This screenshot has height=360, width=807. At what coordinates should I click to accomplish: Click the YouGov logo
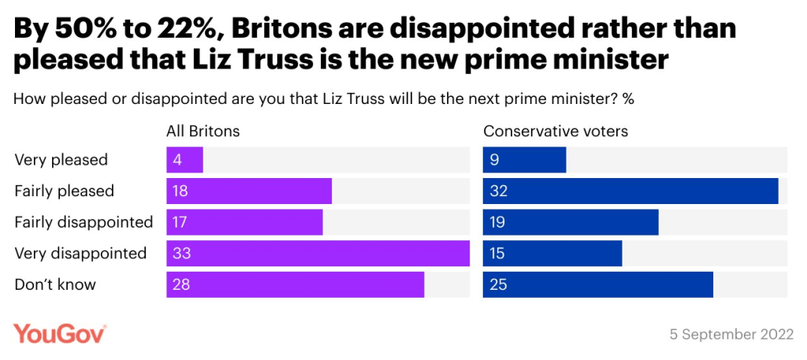click(x=60, y=334)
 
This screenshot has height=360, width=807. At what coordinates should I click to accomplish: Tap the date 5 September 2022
click(x=731, y=334)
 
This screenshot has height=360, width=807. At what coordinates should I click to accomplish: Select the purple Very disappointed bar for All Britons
click(x=318, y=254)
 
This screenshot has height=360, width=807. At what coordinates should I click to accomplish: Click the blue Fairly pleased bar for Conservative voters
click(x=630, y=191)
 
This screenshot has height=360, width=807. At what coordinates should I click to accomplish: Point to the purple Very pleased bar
click(x=184, y=160)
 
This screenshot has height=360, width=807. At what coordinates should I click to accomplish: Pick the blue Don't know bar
click(x=597, y=284)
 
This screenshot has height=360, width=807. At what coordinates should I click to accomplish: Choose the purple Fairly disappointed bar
click(x=244, y=222)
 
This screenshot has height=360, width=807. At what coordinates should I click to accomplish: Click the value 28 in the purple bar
click(x=182, y=284)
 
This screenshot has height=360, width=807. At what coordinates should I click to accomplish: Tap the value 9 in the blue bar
click(x=494, y=160)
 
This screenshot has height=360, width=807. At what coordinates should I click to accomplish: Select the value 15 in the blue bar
click(x=498, y=254)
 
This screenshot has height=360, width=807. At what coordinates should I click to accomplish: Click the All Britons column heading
click(x=203, y=131)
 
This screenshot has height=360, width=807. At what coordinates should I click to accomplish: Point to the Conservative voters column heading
click(x=556, y=131)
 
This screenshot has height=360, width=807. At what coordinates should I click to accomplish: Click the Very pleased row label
click(x=61, y=160)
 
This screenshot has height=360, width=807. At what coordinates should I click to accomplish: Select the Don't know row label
click(x=55, y=284)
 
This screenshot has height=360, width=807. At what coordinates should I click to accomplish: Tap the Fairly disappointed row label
click(x=84, y=222)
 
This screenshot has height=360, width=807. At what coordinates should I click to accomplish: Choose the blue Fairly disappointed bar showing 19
click(x=570, y=222)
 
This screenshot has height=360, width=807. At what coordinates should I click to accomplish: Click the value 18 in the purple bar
click(x=182, y=191)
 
